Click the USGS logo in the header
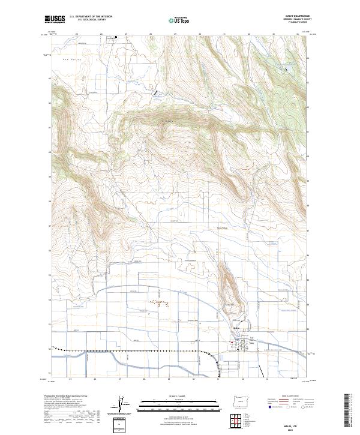(55, 19)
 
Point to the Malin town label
(236, 327)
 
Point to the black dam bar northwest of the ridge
(157, 94)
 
